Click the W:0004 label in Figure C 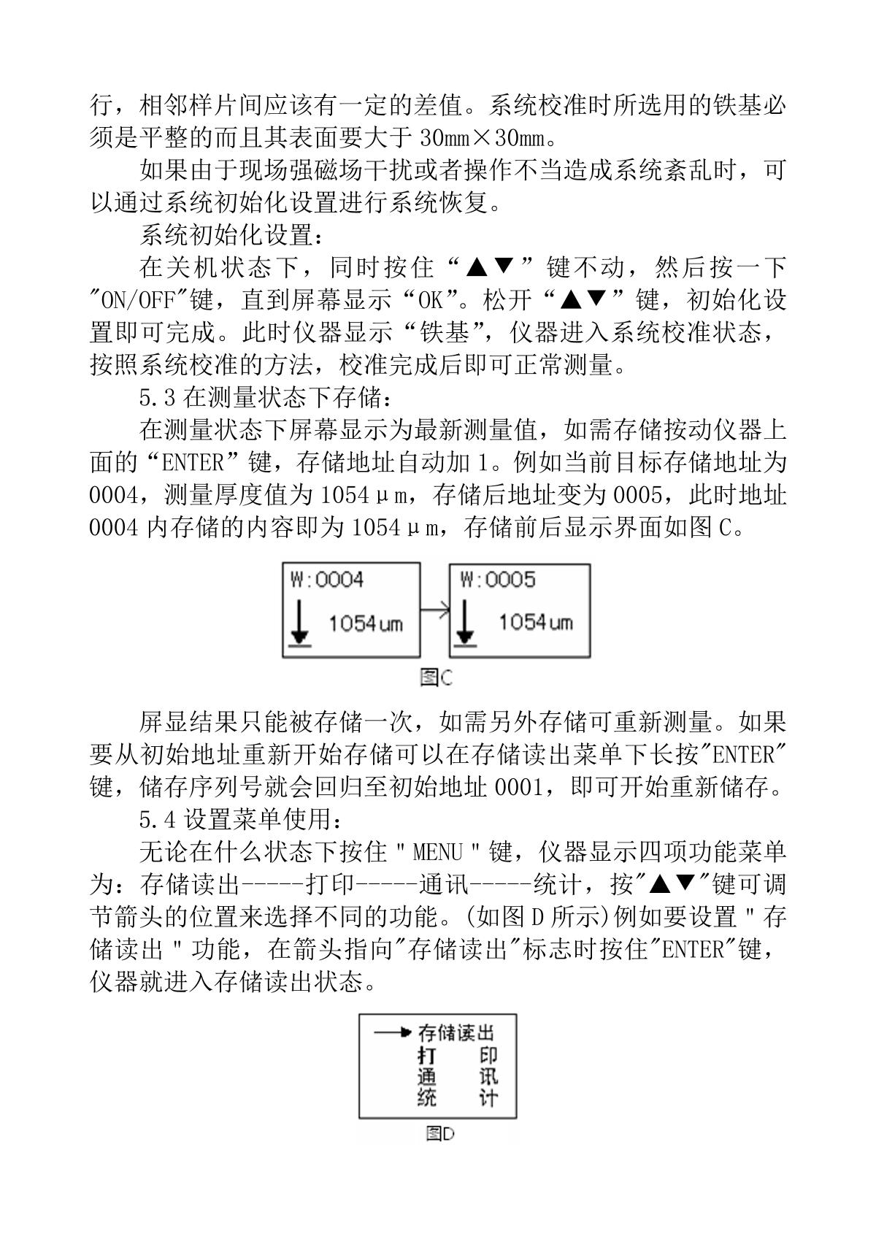pyautogui.click(x=327, y=580)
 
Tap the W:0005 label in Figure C pyautogui.click(x=498, y=580)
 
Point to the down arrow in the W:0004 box pyautogui.click(x=299, y=625)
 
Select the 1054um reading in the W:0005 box pyautogui.click(x=535, y=623)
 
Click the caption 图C pyautogui.click(x=437, y=678)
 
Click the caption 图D pyautogui.click(x=440, y=1133)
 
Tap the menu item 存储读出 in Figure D pyautogui.click(x=456, y=1033)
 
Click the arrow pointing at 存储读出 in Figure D pyautogui.click(x=392, y=1032)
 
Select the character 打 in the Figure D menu pyautogui.click(x=427, y=1056)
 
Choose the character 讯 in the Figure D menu pyautogui.click(x=488, y=1077)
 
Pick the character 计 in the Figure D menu pyautogui.click(x=488, y=1098)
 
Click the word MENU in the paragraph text pyautogui.click(x=437, y=852)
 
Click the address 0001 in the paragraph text pyautogui.click(x=518, y=788)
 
